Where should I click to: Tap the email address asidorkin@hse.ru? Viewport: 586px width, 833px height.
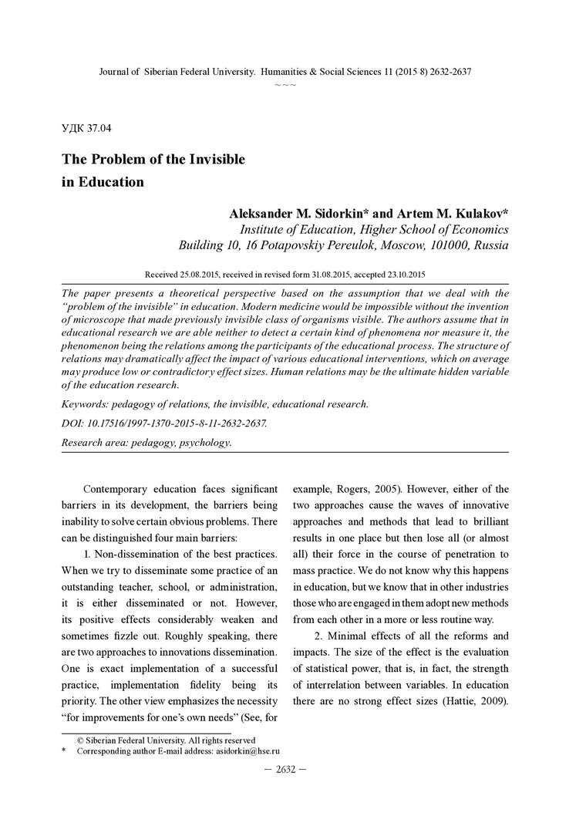point(247,750)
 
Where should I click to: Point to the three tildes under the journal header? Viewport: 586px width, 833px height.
point(285,83)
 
